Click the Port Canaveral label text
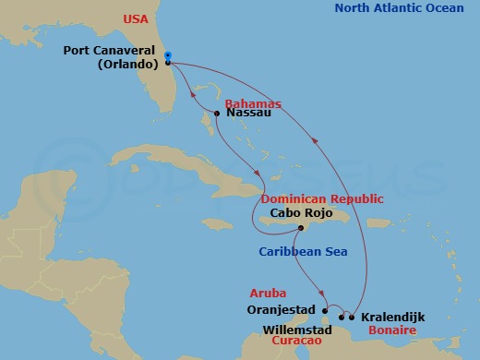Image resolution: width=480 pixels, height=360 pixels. coord(113,52)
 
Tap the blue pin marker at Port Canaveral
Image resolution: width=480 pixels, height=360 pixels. coord(167,55)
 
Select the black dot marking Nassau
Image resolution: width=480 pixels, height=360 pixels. coord(217,114)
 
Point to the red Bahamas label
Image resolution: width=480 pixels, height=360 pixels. coord(252,103)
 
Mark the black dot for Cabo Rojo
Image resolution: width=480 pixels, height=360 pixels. coord(301,229)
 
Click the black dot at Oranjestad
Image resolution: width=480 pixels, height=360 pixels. coord(324,310)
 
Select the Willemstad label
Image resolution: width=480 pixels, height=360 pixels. coord(299,327)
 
